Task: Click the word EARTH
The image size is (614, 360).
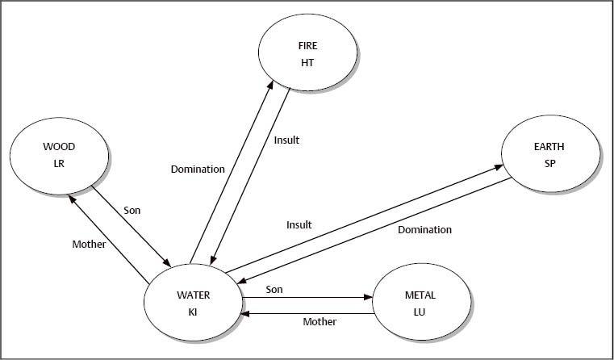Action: [549, 148]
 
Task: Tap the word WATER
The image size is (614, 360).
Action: [194, 295]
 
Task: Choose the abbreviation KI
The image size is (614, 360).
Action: [194, 311]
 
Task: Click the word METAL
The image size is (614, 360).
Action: [420, 295]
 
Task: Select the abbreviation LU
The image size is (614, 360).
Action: [420, 311]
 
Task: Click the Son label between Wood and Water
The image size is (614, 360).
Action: [132, 210]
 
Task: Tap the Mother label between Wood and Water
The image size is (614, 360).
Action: [89, 244]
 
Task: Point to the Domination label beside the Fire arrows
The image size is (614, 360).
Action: [198, 170]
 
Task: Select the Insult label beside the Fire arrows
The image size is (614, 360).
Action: [286, 140]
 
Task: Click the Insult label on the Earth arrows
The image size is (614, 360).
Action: [299, 225]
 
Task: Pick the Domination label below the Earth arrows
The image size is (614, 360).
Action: [425, 230]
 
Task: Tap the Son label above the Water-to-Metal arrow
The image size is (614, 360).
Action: [274, 288]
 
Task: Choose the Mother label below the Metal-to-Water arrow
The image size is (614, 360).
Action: [320, 321]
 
